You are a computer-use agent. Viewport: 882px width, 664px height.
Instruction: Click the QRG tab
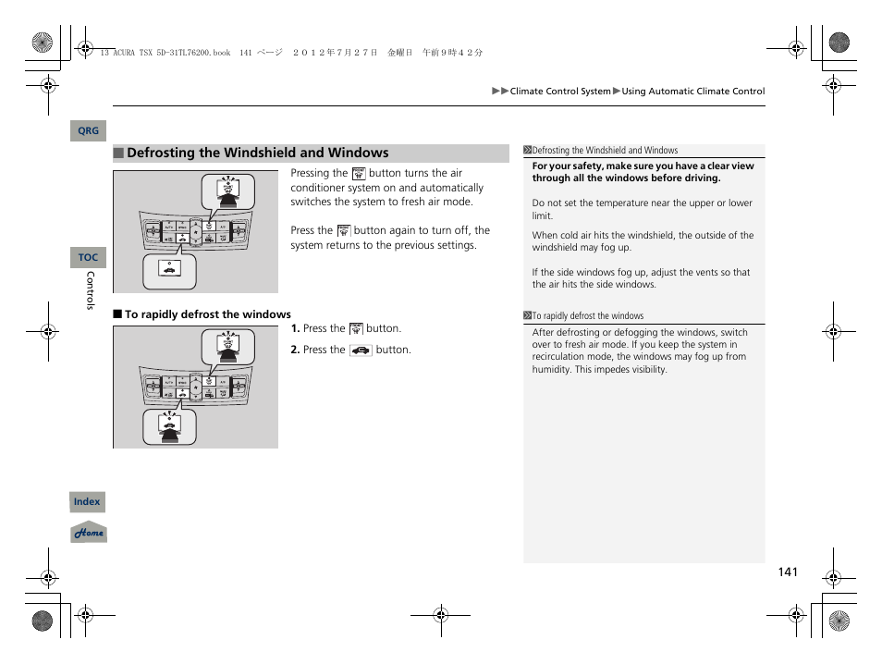click(88, 131)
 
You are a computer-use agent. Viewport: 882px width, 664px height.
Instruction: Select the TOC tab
click(88, 258)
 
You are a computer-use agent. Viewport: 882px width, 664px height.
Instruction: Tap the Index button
click(87, 502)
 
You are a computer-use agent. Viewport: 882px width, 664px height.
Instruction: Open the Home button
click(89, 533)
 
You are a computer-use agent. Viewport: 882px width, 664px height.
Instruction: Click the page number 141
click(787, 572)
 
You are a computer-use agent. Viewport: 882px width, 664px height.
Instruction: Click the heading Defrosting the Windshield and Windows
click(258, 154)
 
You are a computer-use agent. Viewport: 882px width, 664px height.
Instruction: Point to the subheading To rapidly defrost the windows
click(207, 314)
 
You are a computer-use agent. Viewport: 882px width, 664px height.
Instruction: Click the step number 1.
click(295, 328)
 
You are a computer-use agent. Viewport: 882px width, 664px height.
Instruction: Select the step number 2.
click(295, 350)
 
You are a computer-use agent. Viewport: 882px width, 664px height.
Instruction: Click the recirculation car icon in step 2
click(361, 350)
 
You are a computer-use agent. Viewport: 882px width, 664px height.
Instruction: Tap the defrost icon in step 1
click(356, 328)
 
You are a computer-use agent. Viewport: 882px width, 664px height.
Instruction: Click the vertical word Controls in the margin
click(91, 290)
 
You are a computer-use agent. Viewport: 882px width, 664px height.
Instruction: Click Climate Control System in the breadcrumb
click(560, 92)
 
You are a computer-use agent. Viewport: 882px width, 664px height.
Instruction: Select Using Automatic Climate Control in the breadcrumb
click(692, 92)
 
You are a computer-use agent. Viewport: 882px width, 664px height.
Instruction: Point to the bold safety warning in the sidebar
click(643, 172)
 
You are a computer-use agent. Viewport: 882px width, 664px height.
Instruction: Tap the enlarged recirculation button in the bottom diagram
click(169, 424)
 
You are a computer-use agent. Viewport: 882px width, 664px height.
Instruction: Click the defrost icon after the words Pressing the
click(359, 173)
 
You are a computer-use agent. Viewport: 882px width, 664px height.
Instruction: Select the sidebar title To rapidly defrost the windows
click(587, 315)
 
